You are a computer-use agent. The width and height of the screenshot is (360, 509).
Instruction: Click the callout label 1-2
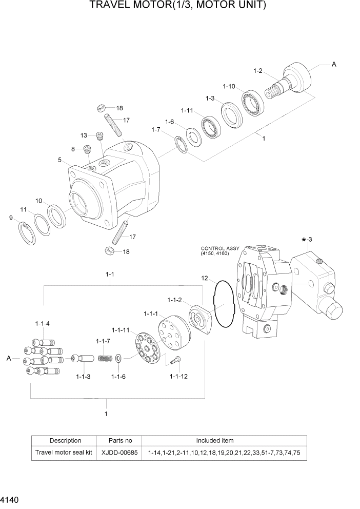[257, 70]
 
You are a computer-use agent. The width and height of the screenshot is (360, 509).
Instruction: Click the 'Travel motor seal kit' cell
[65, 453]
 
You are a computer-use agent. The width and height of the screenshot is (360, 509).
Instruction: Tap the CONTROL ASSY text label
[220, 248]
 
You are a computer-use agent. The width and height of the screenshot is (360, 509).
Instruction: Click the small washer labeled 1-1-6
[119, 358]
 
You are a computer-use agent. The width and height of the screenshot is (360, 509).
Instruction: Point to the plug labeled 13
[100, 136]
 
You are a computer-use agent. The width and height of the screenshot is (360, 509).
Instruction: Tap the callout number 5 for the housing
[60, 160]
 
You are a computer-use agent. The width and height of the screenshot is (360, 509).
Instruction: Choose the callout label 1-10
[229, 86]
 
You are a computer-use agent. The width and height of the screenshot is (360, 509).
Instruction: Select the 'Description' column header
[65, 440]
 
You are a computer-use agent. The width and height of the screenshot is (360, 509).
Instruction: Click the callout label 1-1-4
[43, 323]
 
